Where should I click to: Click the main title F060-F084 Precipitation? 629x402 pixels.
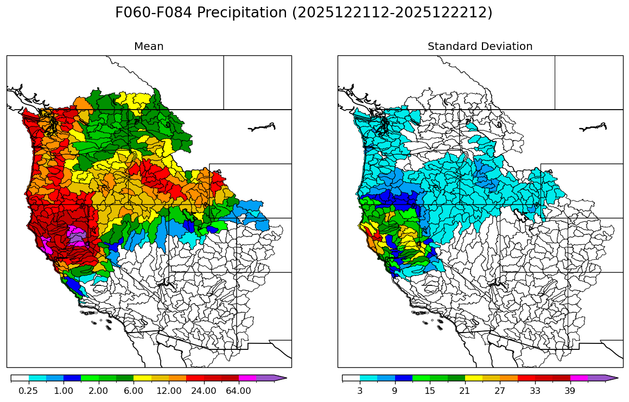(303, 13)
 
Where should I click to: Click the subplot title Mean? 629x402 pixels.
(149, 47)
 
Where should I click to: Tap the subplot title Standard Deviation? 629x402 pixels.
(480, 47)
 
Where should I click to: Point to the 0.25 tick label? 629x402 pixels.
(28, 391)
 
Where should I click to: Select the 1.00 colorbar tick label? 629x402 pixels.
(63, 391)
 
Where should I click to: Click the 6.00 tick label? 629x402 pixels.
(134, 391)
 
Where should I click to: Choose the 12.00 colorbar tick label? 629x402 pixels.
(169, 391)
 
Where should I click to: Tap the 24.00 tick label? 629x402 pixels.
(204, 391)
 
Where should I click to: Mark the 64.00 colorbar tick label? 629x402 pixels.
(238, 391)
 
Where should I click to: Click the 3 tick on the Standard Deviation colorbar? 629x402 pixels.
(360, 391)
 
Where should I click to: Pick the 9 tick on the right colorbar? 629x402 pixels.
(395, 391)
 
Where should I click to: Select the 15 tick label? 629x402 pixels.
(430, 391)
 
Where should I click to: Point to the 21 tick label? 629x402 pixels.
(465, 391)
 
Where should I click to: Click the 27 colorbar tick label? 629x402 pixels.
(500, 391)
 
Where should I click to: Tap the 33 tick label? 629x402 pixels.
(535, 391)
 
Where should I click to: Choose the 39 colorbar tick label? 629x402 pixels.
(570, 391)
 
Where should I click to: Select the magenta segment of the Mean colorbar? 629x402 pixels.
(247, 378)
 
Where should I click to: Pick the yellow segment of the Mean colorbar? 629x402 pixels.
(142, 378)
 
